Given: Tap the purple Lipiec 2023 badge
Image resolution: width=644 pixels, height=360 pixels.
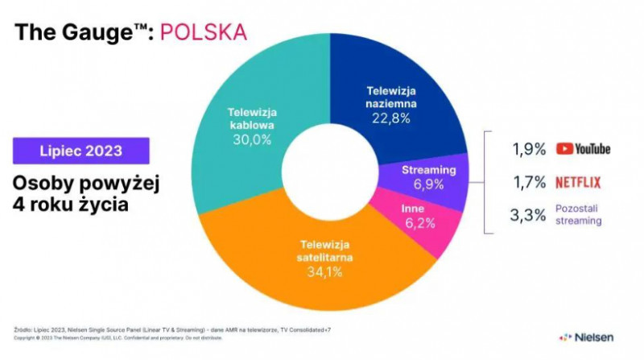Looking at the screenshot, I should tap(81, 151).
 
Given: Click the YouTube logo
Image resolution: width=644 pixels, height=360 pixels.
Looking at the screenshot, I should tap(583, 149).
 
